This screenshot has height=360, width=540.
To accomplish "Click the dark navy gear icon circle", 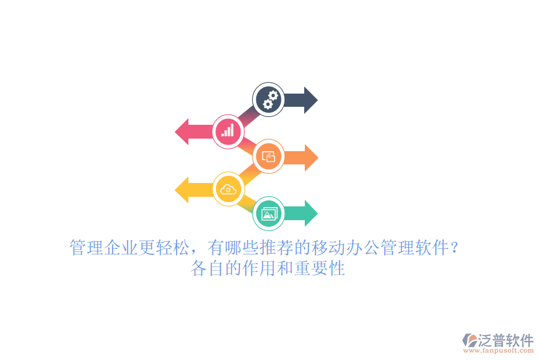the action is (x=268, y=100).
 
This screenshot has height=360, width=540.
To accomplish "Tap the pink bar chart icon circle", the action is (x=228, y=131).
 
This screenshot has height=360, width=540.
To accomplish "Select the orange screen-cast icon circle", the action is (x=268, y=157).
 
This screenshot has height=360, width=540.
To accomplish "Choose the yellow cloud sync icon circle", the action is (x=229, y=189).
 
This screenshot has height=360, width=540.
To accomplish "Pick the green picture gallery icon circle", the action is (x=269, y=214).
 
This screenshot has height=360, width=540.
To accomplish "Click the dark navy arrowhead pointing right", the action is (x=311, y=100).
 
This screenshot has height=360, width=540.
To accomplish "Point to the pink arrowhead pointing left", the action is (x=182, y=131).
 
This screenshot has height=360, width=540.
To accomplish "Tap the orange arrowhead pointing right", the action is (x=311, y=157).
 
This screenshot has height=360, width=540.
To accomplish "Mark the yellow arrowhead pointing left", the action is (x=182, y=190).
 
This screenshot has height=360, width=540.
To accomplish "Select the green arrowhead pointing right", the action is (x=311, y=213).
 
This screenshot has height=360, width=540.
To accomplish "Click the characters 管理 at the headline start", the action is (x=87, y=248).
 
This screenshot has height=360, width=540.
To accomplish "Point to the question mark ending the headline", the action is (x=455, y=248).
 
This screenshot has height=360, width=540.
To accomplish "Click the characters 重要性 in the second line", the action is (x=320, y=268).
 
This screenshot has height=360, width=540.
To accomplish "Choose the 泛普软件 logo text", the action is (x=506, y=340).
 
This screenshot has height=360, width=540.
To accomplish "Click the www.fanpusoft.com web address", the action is (x=499, y=350).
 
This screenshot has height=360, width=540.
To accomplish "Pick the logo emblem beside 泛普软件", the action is (x=470, y=340).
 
